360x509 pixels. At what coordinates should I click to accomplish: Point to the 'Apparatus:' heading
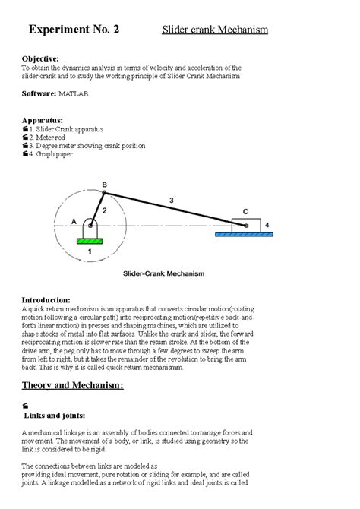(43, 119)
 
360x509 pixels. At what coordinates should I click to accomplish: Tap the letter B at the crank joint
(104, 184)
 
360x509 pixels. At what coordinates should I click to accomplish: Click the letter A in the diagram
(74, 221)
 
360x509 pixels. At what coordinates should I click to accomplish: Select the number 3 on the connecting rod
(172, 200)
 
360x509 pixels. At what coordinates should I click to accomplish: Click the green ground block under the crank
(90, 241)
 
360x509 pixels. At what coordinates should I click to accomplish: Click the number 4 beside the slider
(267, 224)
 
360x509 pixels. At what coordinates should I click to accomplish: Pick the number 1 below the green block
(90, 251)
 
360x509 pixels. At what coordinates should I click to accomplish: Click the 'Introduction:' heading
(46, 300)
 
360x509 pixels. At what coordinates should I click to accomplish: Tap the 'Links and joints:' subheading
(55, 415)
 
